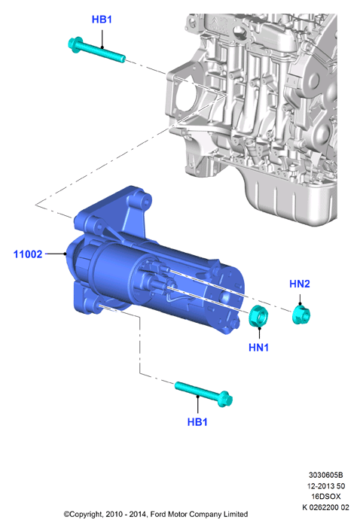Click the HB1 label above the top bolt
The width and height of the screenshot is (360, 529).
pyautogui.click(x=102, y=20)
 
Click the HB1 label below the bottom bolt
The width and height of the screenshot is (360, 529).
pyautogui.click(x=197, y=421)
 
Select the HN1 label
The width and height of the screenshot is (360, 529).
pyautogui.click(x=258, y=347)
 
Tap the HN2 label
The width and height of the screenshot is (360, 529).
pyautogui.click(x=300, y=284)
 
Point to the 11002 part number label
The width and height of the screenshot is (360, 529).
pyautogui.click(x=28, y=254)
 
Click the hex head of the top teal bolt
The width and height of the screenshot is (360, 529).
pyautogui.click(x=75, y=44)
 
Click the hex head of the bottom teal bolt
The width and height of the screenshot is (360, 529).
pyautogui.click(x=225, y=399)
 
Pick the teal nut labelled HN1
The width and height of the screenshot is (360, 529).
pyautogui.click(x=258, y=316)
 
